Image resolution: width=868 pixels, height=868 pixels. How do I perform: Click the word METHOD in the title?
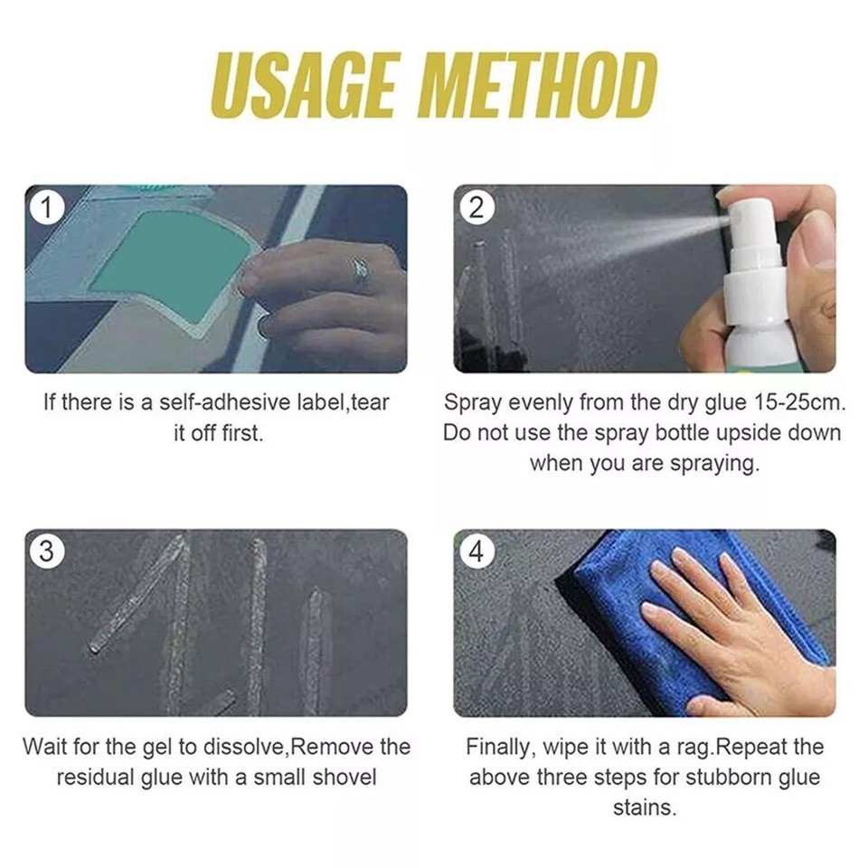(x=539, y=86)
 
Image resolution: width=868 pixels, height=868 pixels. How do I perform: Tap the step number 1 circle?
(x=45, y=208)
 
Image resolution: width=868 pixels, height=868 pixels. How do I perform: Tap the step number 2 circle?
(x=476, y=208)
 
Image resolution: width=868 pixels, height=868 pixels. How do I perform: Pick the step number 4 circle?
(x=476, y=552)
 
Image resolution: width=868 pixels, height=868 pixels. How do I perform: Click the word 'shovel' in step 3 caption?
(x=345, y=777)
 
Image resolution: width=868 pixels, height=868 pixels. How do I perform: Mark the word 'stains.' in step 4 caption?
(x=644, y=807)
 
